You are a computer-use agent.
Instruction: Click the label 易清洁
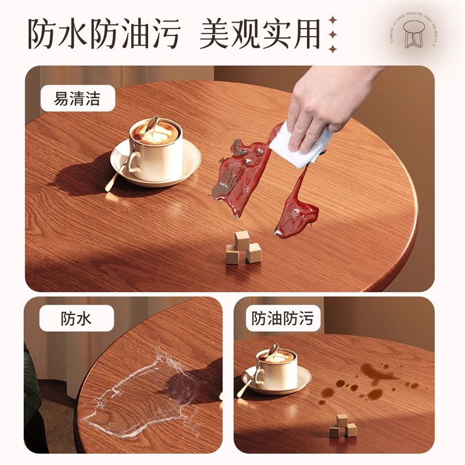pyautogui.click(x=77, y=98)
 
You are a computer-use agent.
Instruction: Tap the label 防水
pyautogui.click(x=76, y=319)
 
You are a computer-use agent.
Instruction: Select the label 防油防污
pyautogui.click(x=282, y=319)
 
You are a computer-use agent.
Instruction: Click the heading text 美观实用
pyautogui.click(x=260, y=34)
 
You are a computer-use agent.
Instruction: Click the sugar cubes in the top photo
pyautogui.click(x=242, y=248)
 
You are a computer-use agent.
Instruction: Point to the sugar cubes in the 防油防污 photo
pyautogui.click(x=343, y=427)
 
